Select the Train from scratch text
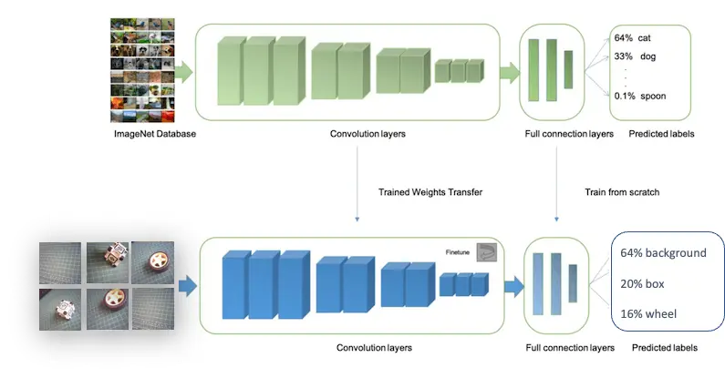tap(621, 192)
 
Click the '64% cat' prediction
tap(632, 38)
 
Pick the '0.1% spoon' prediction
tap(637, 96)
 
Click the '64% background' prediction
tap(663, 252)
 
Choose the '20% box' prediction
tap(643, 283)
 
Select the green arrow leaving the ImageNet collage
tap(182, 70)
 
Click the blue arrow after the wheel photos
tap(187, 288)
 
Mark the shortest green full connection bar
tap(569, 67)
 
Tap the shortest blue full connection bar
tap(573, 282)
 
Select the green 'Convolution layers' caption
tap(368, 135)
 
